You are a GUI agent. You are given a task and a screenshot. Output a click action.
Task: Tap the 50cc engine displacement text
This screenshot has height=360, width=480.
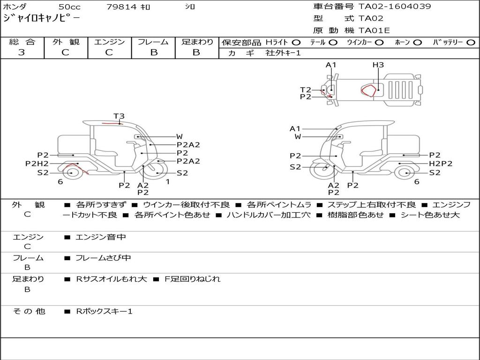(x=69, y=7)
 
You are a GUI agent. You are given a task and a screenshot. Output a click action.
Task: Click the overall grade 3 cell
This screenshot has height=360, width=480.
(x=22, y=52)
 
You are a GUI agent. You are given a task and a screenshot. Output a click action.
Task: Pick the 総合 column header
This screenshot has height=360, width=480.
(x=22, y=42)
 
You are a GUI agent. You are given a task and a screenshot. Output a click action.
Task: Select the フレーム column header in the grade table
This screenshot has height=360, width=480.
(x=153, y=42)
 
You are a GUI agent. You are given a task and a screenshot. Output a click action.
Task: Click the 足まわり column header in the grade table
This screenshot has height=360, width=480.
(x=197, y=42)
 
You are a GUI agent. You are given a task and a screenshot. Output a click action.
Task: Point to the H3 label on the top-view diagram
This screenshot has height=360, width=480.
(x=378, y=65)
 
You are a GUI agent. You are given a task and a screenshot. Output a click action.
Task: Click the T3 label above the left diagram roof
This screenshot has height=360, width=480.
(x=119, y=116)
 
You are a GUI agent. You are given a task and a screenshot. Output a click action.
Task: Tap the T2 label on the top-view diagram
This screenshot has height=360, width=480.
(x=306, y=90)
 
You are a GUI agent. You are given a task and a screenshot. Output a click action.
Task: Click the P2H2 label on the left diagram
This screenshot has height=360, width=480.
(x=37, y=164)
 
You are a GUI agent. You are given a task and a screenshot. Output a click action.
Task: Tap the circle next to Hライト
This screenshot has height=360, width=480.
(x=296, y=42)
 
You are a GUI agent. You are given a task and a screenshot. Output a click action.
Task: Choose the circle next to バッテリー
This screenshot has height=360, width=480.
(x=471, y=42)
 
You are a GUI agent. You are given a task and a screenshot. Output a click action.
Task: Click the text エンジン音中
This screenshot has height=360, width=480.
(x=101, y=237)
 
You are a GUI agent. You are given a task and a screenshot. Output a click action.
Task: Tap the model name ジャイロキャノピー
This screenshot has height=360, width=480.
(x=41, y=19)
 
